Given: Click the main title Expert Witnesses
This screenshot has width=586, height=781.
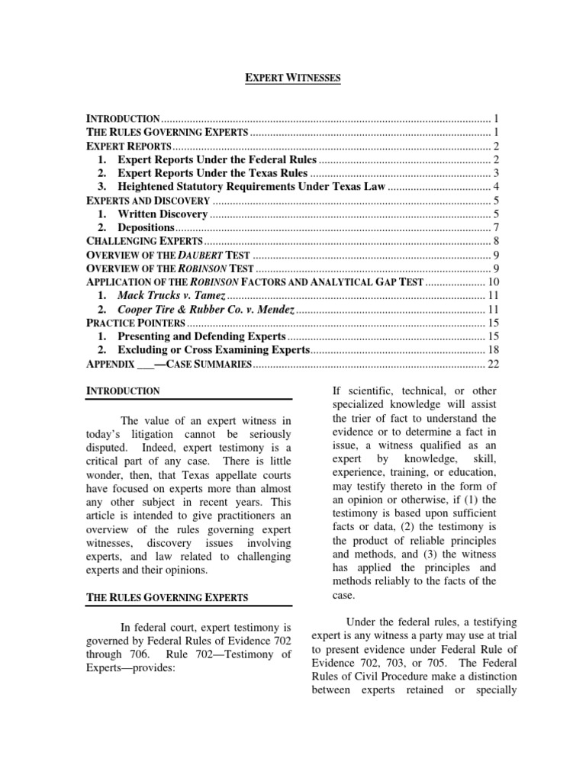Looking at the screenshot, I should [292, 78].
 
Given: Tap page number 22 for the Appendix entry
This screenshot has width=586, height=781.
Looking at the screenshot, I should [493, 364].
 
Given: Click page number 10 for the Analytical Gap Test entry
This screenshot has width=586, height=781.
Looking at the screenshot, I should [493, 282].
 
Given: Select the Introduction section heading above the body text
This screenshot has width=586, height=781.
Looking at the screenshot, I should [123, 390].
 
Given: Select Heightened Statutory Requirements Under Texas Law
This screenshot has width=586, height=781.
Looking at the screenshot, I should [252, 187].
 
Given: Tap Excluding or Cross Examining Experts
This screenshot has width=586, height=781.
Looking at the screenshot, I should [214, 350].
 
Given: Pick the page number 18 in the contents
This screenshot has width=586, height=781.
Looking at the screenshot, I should [493, 350].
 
